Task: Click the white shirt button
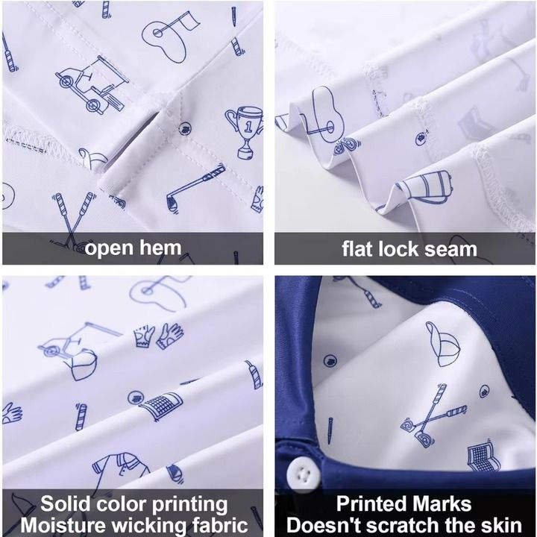coord(304,474)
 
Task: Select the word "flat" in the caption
coord(357,249)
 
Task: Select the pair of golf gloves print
coord(158,336)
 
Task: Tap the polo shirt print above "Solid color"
coord(120,469)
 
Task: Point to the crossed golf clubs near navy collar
coord(433,415)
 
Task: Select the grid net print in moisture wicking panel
coord(161,406)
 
